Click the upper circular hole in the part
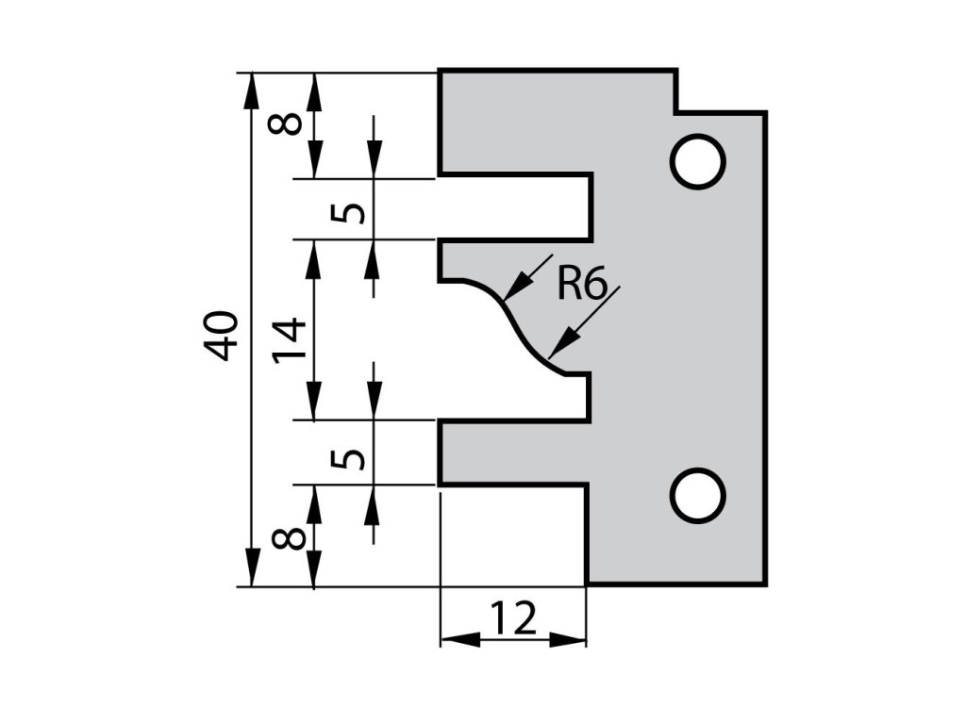[x=698, y=161]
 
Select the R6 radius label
[x=580, y=282]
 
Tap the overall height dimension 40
[x=223, y=334]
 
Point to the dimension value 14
[x=290, y=340]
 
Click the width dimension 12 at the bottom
[x=513, y=619]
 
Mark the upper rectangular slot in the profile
[x=514, y=207]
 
